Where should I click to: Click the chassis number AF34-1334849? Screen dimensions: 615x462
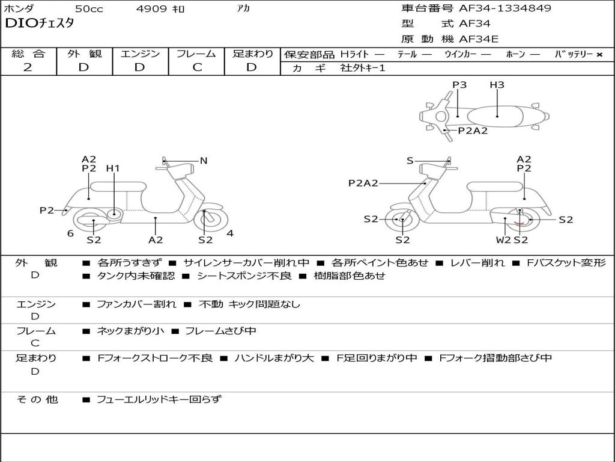504,8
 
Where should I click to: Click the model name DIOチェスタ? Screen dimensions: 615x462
39,23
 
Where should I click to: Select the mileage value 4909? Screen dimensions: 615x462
151,8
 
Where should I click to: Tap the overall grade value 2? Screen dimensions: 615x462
28,67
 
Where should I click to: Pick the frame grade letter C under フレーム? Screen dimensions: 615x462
197,67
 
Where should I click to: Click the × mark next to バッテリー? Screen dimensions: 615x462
599,55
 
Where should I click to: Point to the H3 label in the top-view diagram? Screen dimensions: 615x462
497,84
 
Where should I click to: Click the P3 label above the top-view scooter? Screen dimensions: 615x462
459,84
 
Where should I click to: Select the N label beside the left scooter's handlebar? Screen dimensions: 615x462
203,160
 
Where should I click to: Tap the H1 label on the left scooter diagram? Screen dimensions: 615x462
113,168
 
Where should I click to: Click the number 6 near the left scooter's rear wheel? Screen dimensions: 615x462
70,233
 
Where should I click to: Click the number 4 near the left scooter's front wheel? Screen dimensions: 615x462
230,233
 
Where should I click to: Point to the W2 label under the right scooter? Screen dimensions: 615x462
503,239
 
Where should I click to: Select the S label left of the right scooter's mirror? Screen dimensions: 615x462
410,160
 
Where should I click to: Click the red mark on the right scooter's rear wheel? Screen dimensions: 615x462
520,223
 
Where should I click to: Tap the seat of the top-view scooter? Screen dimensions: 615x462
495,117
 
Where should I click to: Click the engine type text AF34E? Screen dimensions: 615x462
479,39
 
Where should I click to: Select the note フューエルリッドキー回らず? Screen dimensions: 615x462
159,399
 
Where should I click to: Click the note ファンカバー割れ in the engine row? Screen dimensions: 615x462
136,304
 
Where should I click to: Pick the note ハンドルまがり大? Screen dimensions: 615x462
274,358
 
